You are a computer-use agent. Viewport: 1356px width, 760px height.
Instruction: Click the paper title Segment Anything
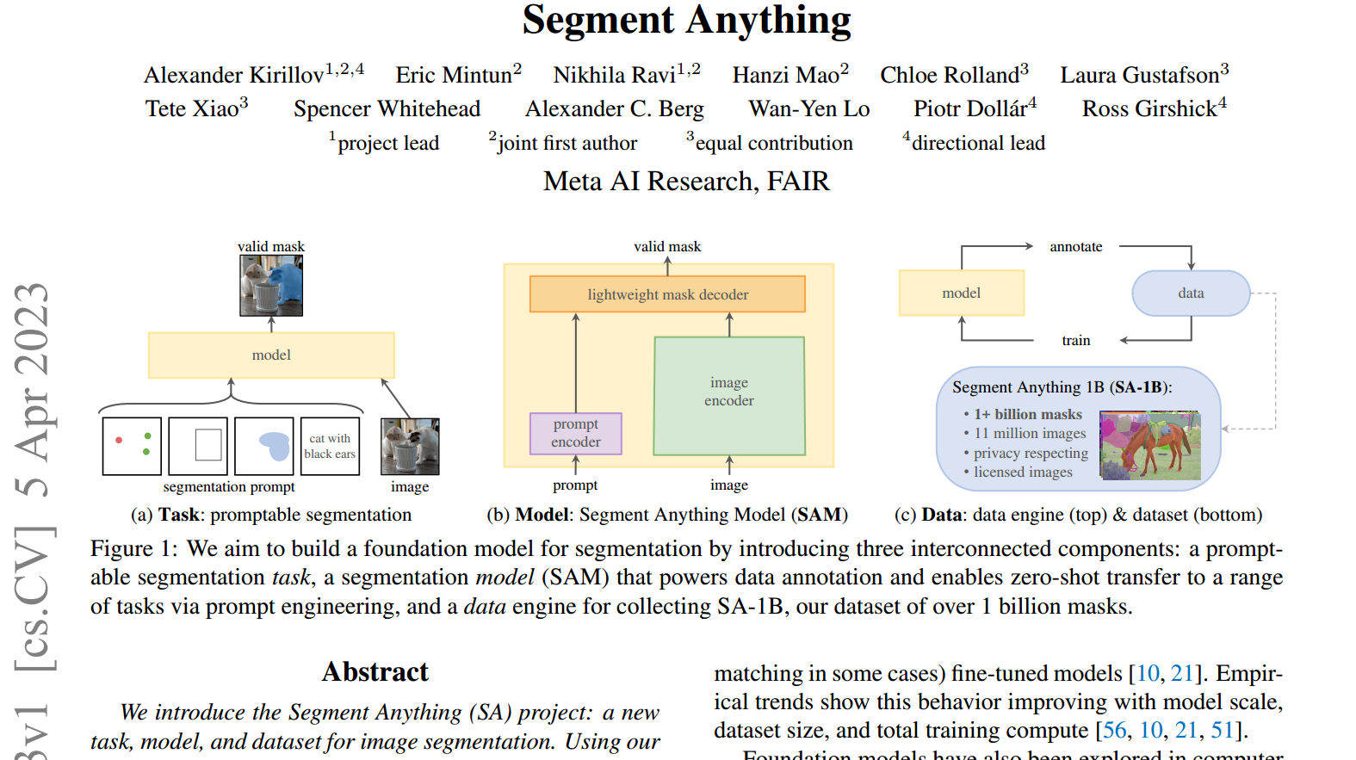tap(686, 21)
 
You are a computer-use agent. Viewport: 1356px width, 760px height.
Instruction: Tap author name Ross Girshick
tap(1149, 109)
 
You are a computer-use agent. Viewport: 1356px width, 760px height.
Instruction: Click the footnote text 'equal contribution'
tap(773, 144)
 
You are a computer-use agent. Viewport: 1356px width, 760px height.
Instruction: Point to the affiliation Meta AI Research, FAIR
tap(686, 182)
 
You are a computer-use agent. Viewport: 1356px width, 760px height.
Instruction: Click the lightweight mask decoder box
tap(667, 294)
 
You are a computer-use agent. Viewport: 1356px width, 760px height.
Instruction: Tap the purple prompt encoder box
tap(575, 433)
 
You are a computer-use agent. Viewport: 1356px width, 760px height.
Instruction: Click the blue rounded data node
tap(1191, 293)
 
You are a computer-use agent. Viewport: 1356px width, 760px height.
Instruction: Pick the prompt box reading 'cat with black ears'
tap(329, 446)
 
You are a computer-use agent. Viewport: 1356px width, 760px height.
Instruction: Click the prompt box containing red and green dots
tap(132, 446)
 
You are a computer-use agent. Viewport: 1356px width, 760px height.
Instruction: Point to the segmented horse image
tap(1150, 445)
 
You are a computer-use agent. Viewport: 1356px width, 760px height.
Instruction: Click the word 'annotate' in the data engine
tap(1075, 247)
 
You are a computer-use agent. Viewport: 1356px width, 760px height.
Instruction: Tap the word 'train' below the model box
tap(1075, 341)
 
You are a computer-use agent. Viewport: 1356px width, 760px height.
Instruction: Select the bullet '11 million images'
tap(1029, 434)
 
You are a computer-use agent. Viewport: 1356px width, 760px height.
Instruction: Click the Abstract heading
tap(375, 672)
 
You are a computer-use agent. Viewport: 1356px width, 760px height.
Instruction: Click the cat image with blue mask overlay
tap(271, 286)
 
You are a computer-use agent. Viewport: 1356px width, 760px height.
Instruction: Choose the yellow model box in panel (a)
tap(271, 355)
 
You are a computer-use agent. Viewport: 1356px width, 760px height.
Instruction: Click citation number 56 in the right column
tap(1114, 731)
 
